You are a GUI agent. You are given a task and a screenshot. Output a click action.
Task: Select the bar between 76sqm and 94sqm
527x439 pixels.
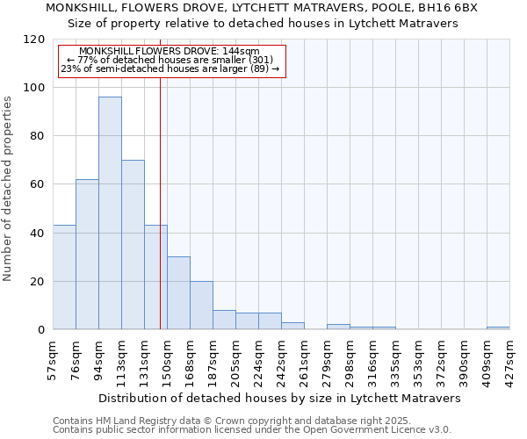87,255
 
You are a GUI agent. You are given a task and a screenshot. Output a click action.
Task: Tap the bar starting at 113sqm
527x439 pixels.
133,245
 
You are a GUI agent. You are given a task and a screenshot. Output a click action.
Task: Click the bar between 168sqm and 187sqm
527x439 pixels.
201,306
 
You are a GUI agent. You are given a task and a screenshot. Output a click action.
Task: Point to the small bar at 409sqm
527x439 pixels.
498,328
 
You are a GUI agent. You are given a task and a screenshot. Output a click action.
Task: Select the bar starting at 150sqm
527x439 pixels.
178,293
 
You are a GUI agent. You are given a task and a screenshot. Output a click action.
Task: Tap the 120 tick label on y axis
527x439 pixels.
34,40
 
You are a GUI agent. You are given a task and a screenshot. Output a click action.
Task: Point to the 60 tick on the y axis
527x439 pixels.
38,184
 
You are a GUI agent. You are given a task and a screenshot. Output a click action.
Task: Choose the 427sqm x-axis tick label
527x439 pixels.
509,360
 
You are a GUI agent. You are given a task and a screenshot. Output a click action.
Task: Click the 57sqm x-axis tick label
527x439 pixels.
53,358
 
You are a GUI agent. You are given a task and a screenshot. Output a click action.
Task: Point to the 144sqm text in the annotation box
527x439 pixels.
242,52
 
